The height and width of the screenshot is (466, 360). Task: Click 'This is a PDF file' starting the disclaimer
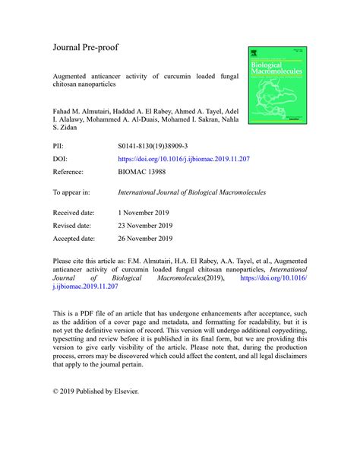88,312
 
